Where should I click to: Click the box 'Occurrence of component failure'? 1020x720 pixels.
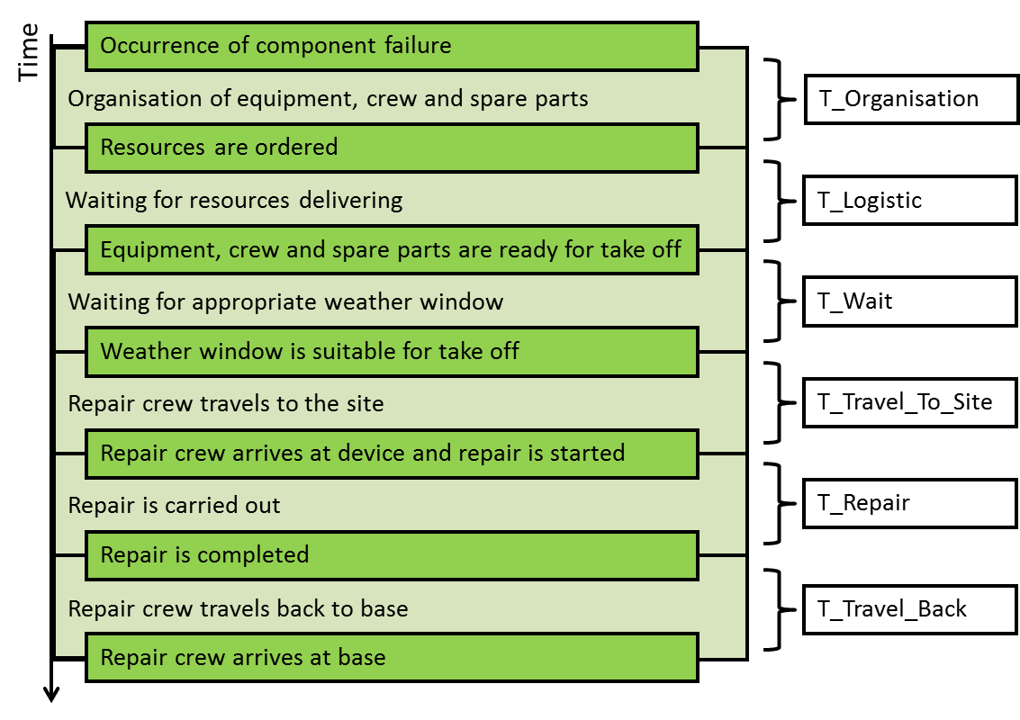click(392, 47)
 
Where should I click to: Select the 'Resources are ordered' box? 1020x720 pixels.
click(392, 148)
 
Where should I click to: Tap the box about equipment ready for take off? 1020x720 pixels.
click(392, 249)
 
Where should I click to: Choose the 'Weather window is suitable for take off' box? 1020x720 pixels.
click(392, 351)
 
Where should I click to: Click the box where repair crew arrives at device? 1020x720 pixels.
click(392, 453)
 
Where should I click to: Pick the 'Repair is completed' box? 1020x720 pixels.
click(392, 555)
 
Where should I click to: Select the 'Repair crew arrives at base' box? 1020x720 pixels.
click(392, 657)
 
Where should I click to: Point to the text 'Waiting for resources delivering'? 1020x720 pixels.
click(234, 200)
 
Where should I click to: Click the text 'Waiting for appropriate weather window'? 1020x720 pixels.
click(285, 301)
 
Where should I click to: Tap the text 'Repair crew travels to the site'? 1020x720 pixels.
click(226, 403)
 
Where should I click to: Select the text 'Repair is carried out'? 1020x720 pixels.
click(174, 506)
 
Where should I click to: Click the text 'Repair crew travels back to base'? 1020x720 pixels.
click(238, 608)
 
